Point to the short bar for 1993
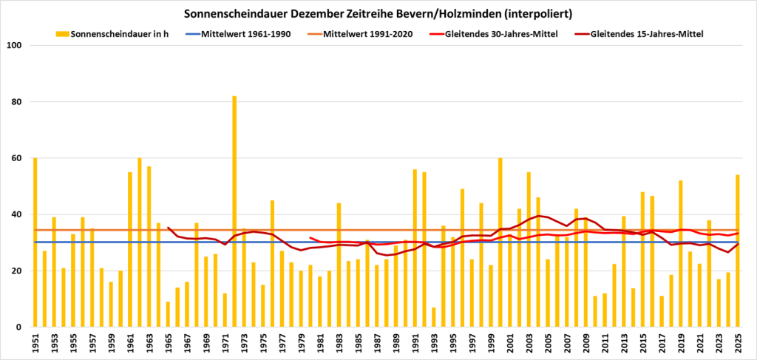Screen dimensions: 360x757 [434, 317]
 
